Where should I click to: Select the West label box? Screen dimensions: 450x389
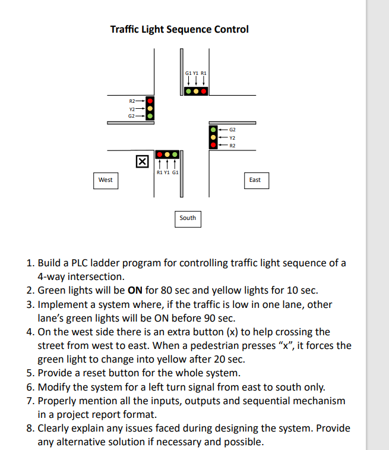(105, 180)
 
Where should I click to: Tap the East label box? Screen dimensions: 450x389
(255, 180)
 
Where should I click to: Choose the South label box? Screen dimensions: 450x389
(188, 218)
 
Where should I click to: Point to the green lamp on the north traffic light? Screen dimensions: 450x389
(188, 92)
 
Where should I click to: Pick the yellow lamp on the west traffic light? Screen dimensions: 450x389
(150, 108)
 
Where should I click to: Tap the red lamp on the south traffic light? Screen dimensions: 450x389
(160, 155)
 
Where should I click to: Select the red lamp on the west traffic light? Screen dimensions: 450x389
(150, 100)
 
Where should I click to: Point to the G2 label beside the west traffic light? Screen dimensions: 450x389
(131, 116)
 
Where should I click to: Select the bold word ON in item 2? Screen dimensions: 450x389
(134, 291)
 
